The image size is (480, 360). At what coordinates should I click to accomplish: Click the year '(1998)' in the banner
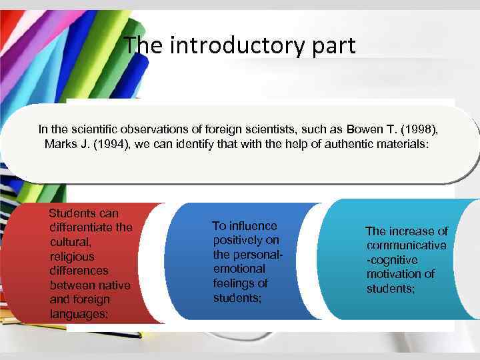pyautogui.click(x=422, y=129)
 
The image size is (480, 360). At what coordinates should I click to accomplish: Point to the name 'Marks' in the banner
pyautogui.click(x=60, y=144)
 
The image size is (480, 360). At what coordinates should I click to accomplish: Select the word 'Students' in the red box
pyautogui.click(x=74, y=213)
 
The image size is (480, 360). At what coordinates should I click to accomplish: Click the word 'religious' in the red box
pyautogui.click(x=72, y=256)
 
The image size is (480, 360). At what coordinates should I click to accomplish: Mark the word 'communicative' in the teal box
pyautogui.click(x=406, y=245)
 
